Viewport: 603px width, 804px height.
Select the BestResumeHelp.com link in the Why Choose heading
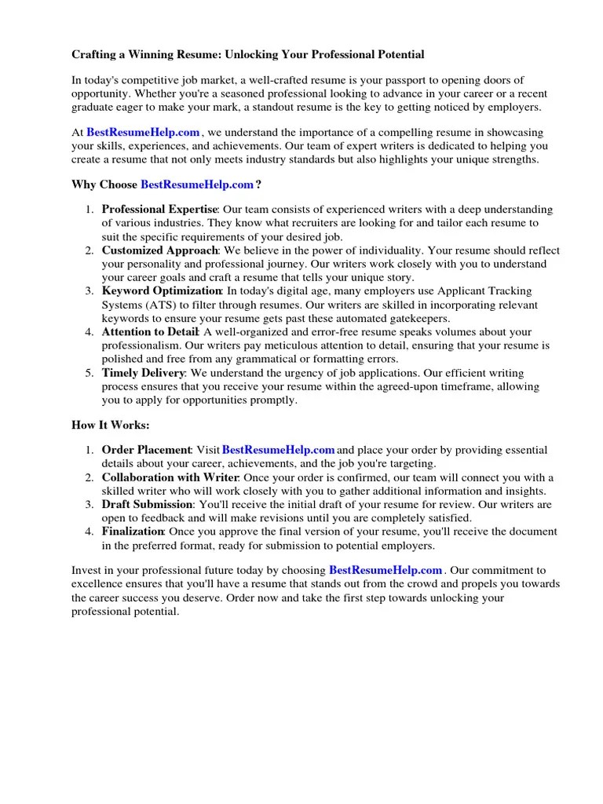197,185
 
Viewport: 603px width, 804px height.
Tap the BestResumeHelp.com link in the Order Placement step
279,450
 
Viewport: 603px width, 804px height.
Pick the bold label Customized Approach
159,250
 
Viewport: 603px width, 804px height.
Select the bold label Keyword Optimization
162,291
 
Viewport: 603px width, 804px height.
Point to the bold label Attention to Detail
149,332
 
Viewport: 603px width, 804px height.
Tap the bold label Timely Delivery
144,373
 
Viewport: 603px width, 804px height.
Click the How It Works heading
110,425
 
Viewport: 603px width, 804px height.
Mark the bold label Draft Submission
147,504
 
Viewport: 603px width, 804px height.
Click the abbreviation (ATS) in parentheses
161,305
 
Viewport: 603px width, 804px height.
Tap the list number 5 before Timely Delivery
90,373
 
